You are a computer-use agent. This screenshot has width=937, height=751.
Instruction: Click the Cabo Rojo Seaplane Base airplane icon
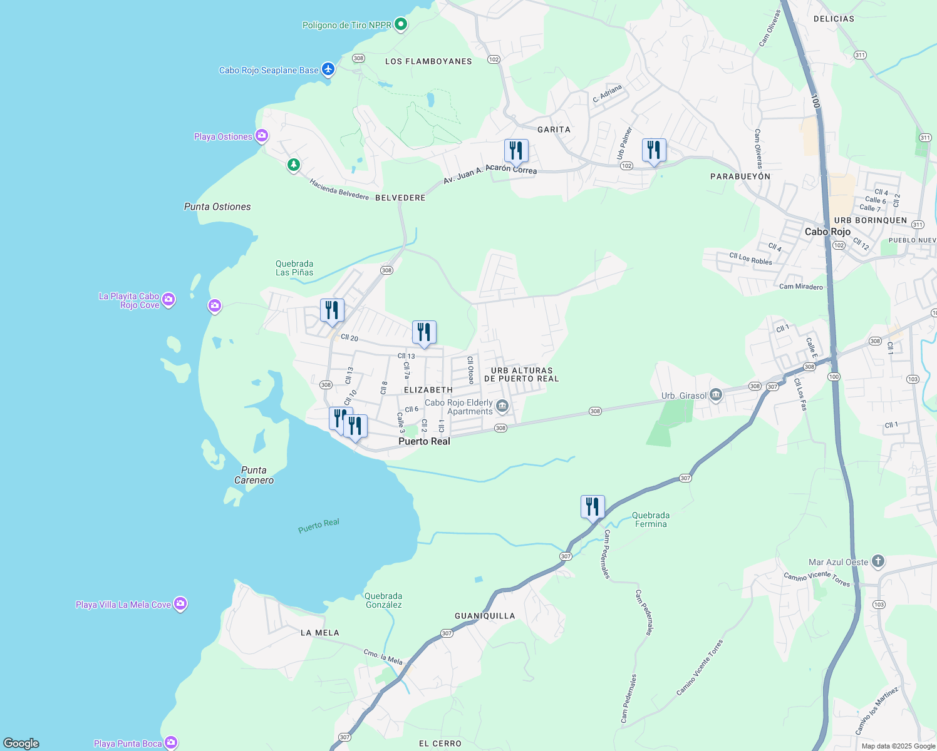point(328,69)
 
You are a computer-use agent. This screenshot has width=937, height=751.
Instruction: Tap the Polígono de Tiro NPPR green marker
point(401,25)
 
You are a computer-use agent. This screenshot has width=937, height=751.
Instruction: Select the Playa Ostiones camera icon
point(262,136)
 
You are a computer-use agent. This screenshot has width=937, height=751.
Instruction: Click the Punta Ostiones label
point(217,207)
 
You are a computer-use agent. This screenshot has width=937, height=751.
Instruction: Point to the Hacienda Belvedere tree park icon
point(293,165)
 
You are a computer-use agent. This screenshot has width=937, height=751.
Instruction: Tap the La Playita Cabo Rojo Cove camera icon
point(168,300)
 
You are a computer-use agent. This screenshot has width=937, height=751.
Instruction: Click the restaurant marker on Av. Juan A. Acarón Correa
point(516,151)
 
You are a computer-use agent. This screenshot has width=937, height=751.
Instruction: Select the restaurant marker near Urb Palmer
point(654,151)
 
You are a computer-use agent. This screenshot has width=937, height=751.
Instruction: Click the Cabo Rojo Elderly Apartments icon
point(502,407)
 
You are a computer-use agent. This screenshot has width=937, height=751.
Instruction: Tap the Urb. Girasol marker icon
point(717,395)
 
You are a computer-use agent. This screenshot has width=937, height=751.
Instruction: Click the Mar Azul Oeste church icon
point(877,561)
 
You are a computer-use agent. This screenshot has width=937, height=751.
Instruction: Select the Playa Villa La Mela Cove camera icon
point(180,604)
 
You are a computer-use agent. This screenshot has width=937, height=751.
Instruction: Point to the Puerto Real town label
point(424,441)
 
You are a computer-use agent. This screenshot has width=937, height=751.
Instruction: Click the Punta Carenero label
point(254,475)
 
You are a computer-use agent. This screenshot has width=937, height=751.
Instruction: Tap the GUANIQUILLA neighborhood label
point(485,616)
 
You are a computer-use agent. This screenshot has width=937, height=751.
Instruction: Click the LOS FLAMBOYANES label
point(428,61)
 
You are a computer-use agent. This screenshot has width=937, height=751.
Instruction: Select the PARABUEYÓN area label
point(740,176)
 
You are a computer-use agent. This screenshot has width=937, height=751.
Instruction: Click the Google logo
point(21,743)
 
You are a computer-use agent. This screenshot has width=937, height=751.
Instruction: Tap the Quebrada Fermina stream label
point(651,519)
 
